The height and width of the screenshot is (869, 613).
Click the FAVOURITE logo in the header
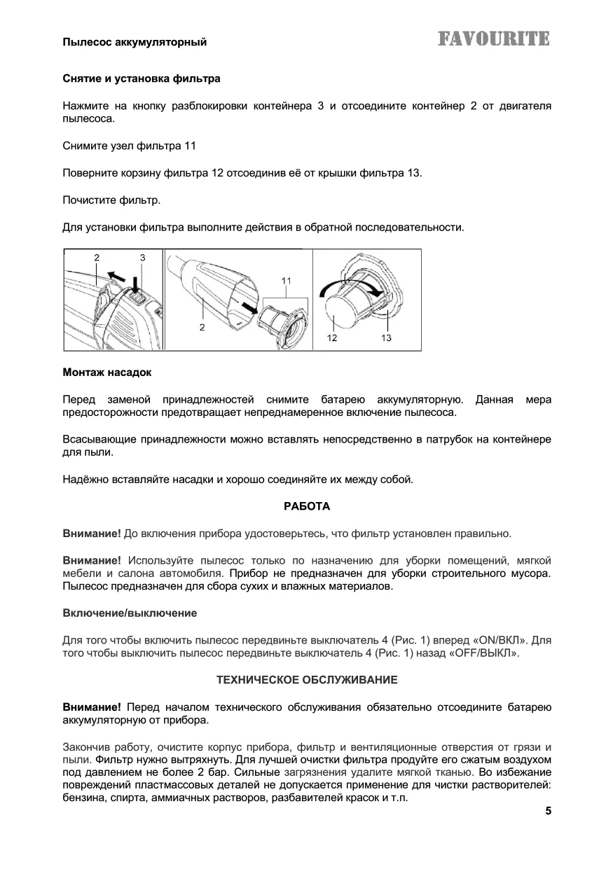pyautogui.click(x=494, y=39)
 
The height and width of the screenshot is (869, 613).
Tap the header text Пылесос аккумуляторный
pyautogui.click(x=135, y=43)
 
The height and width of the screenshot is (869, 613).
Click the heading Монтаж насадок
pyautogui.click(x=107, y=372)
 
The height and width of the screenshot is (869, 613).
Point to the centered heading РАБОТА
pyautogui.click(x=306, y=506)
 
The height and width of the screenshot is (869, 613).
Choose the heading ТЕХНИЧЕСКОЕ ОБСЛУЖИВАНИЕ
pyautogui.click(x=307, y=680)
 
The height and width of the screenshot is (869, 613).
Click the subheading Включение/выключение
pyautogui.click(x=130, y=613)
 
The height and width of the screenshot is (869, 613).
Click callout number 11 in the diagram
pyautogui.click(x=287, y=281)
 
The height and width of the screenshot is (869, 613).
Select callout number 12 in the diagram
pyautogui.click(x=331, y=338)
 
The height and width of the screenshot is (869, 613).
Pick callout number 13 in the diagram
pyautogui.click(x=386, y=338)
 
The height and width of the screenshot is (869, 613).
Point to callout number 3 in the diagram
pyautogui.click(x=142, y=258)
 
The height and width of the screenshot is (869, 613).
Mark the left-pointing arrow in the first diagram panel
pyautogui.click(x=107, y=272)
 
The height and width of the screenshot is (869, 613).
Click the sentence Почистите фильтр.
pyautogui.click(x=111, y=201)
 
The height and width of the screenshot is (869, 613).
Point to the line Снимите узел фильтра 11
pyautogui.click(x=129, y=146)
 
